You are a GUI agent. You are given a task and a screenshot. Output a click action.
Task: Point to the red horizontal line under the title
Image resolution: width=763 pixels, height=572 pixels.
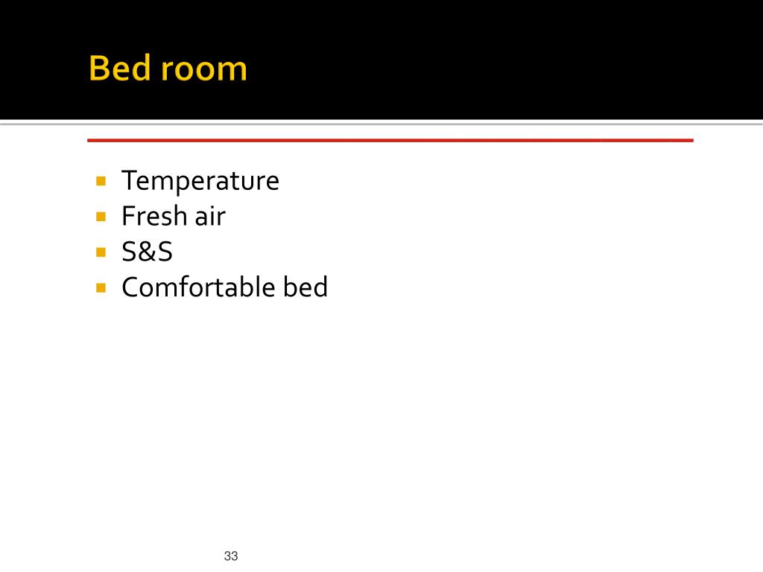[x=390, y=139]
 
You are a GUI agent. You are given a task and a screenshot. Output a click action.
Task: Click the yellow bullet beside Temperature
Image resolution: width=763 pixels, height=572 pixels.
[x=101, y=180]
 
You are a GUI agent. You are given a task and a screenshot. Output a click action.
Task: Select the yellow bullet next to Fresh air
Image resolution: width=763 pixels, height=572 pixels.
[x=101, y=216]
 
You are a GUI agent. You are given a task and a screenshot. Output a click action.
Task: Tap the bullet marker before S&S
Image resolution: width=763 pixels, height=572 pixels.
[x=101, y=252]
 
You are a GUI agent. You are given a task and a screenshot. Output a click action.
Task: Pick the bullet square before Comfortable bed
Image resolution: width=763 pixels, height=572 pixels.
[x=101, y=287]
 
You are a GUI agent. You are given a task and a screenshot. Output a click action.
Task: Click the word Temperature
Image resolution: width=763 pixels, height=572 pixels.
[x=200, y=181]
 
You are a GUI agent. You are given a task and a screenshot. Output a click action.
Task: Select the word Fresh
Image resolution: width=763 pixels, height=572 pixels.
[x=153, y=216]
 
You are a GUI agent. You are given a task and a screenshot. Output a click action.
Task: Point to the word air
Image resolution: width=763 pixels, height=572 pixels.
[x=210, y=216]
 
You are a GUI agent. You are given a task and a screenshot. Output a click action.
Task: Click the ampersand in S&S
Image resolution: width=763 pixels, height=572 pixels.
[x=147, y=252]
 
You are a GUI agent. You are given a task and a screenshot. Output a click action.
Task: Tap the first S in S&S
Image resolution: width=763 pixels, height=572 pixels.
[x=129, y=252]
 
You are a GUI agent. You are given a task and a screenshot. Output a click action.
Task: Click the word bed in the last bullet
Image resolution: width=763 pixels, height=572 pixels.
[x=305, y=287]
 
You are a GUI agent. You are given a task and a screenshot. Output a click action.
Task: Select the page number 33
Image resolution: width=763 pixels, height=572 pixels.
[x=230, y=556]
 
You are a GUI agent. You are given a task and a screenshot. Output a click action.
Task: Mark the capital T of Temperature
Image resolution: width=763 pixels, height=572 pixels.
[x=129, y=180]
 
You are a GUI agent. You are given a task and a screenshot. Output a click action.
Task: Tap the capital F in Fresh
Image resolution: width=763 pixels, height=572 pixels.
[x=129, y=216]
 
